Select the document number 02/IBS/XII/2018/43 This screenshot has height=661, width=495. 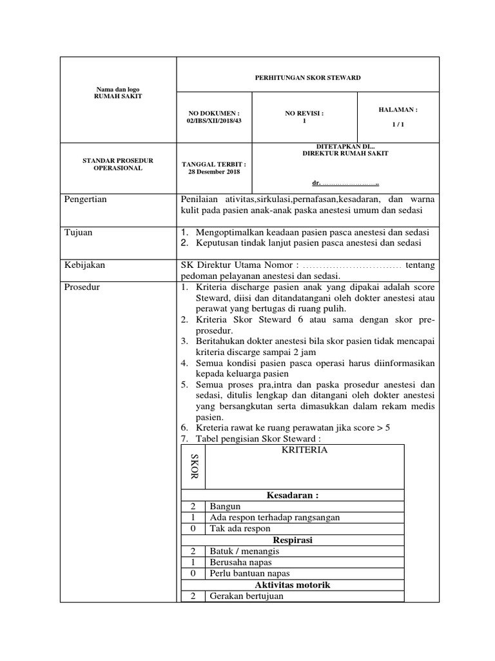pyautogui.click(x=213, y=120)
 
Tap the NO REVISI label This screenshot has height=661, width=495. pyautogui.click(x=304, y=113)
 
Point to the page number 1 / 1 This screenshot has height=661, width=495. pyautogui.click(x=398, y=125)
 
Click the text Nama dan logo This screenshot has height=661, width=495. pyautogui.click(x=118, y=88)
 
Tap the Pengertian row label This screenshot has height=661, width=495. pyautogui.click(x=85, y=199)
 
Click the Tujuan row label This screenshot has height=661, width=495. pyautogui.click(x=77, y=232)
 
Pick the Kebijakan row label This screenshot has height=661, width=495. pyautogui.click(x=84, y=265)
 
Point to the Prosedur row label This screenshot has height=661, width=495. pyautogui.click(x=81, y=287)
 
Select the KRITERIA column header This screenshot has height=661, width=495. pyautogui.click(x=304, y=450)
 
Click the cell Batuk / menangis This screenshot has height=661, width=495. pyautogui.click(x=244, y=551)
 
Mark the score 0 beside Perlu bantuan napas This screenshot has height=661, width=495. pyautogui.click(x=193, y=573)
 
